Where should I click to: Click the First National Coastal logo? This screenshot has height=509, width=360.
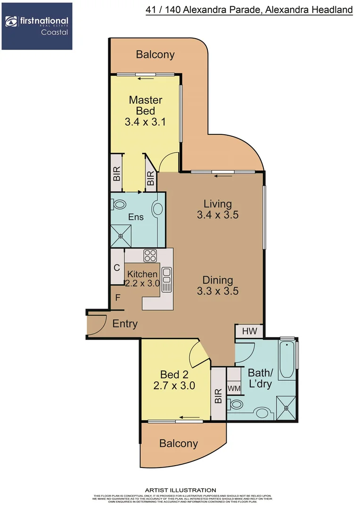coord(37,26)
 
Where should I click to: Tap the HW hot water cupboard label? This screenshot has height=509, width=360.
coord(249,331)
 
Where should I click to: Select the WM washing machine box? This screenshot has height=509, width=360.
coord(234,388)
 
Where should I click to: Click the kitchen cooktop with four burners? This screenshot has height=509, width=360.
coord(150,255)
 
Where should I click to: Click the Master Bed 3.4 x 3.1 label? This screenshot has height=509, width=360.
coord(146,111)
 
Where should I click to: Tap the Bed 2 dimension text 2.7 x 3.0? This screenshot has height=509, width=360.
coord(174,386)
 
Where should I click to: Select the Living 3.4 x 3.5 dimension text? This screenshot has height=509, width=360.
coord(218,215)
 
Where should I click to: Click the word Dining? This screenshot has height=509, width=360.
coord(218,280)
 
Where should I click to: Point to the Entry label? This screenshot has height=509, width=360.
coord(125,324)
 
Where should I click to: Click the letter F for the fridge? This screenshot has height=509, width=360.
coord(118,297)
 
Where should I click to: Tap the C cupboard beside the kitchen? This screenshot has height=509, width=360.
coord(116,268)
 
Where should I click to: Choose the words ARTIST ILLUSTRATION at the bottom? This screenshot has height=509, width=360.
coord(180,490)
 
